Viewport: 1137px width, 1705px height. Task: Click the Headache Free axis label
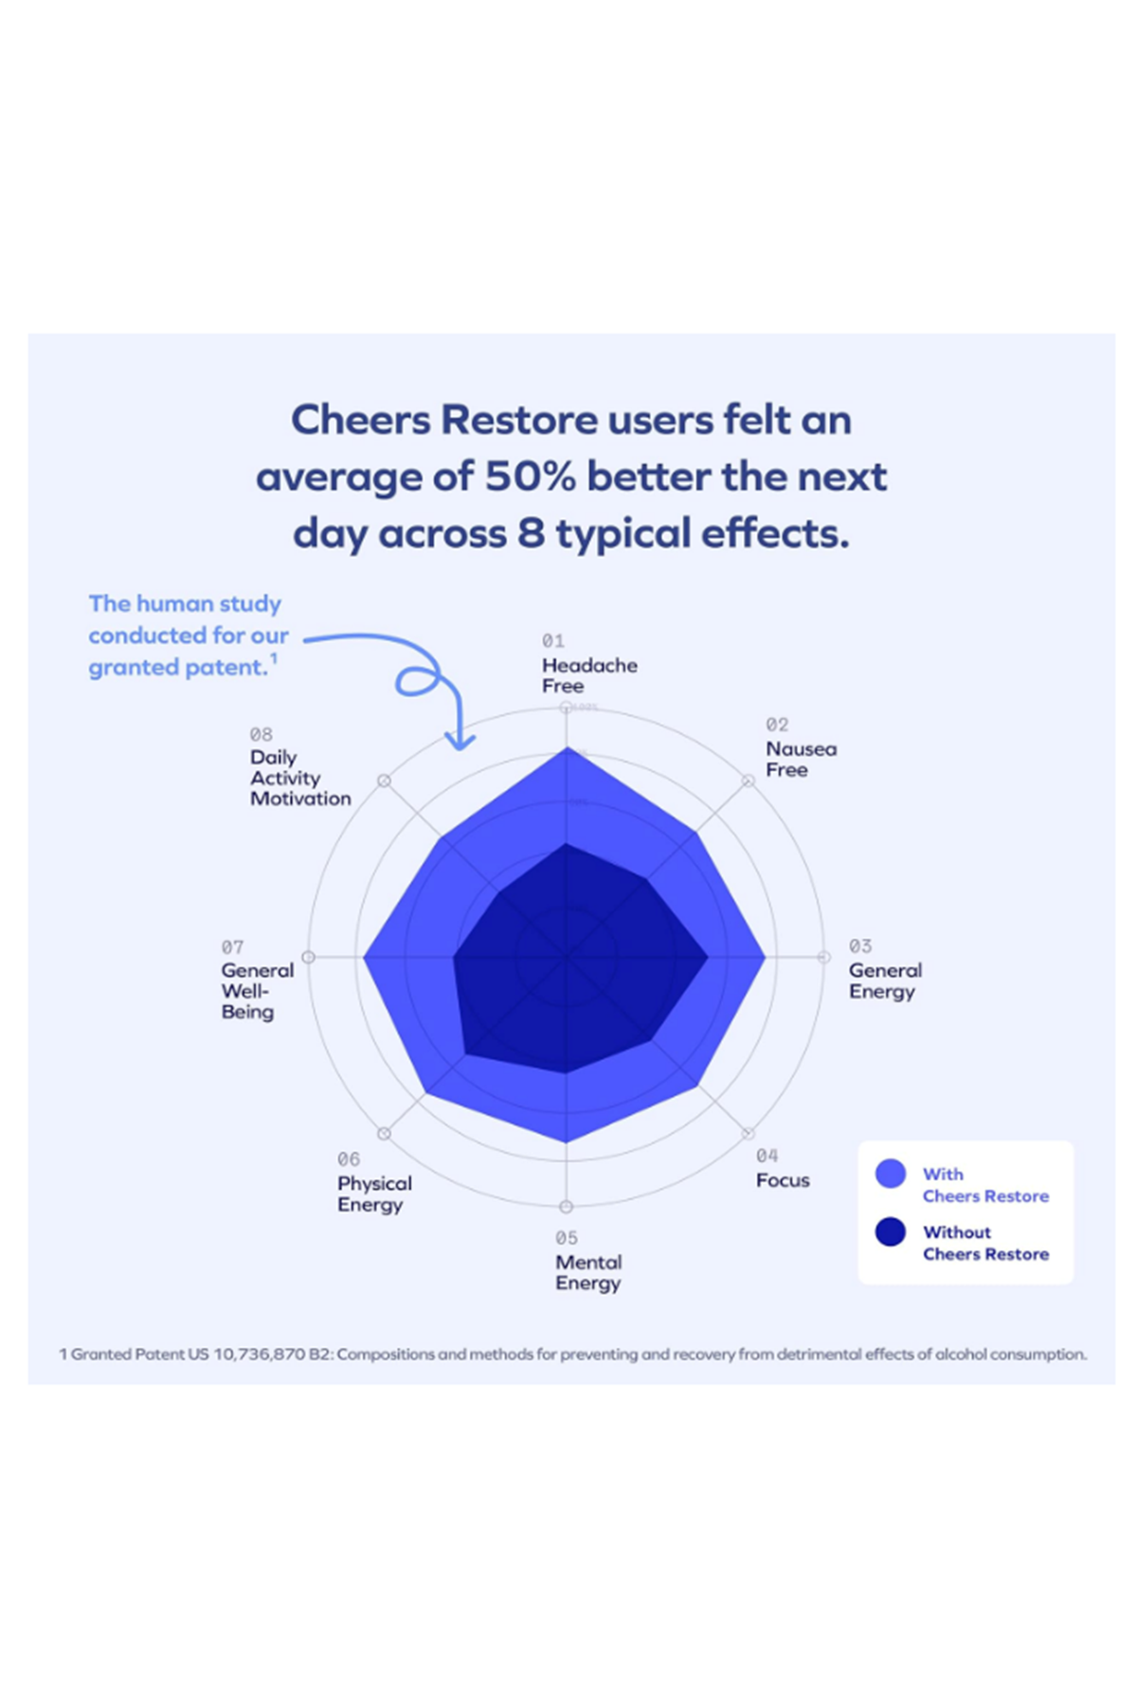(x=588, y=675)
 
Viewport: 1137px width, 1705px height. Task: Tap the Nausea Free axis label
(x=801, y=759)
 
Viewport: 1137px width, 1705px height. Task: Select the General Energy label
(x=884, y=980)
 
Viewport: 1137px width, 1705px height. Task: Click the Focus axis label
(x=783, y=1180)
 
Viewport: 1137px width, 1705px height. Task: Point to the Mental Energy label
(x=588, y=1272)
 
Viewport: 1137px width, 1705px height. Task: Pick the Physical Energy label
(x=374, y=1193)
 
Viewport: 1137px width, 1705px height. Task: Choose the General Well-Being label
(x=256, y=991)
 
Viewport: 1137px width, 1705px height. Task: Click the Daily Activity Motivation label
(x=299, y=778)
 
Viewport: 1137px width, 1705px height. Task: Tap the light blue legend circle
(x=891, y=1174)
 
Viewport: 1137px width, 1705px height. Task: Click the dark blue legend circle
(x=891, y=1231)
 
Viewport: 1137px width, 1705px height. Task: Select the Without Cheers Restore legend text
(x=985, y=1243)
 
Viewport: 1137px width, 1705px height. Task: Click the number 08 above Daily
(x=261, y=734)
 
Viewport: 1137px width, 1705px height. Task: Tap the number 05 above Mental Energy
(x=566, y=1238)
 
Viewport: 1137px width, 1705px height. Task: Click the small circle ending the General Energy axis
(x=823, y=958)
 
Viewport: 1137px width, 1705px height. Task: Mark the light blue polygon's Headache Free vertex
(x=567, y=748)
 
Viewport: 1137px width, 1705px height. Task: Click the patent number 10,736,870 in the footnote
(x=259, y=1355)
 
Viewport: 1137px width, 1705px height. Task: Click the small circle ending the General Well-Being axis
(x=308, y=958)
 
